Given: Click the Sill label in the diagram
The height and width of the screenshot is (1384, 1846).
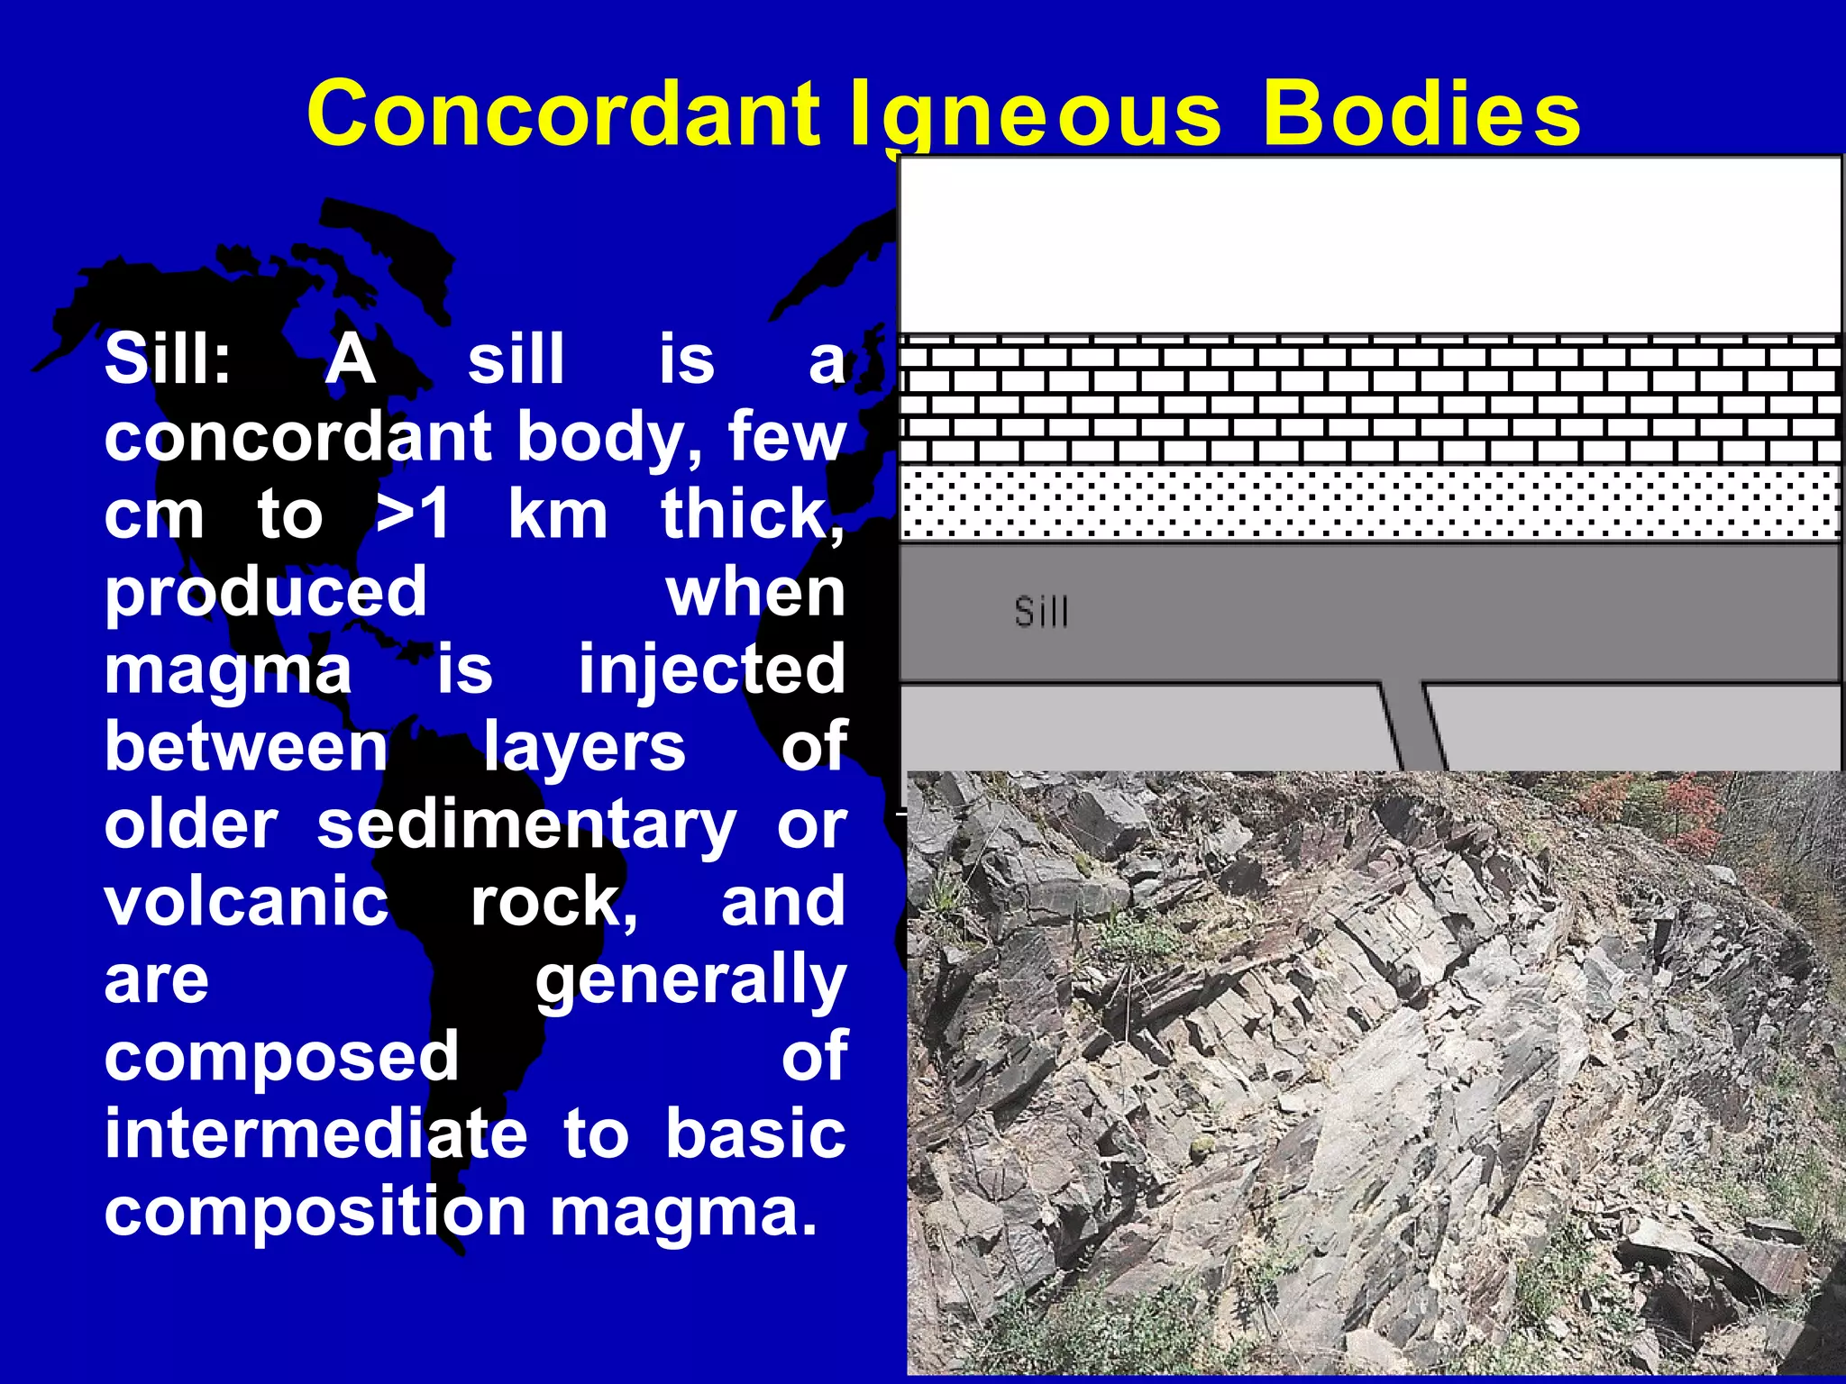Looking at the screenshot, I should coord(1041,613).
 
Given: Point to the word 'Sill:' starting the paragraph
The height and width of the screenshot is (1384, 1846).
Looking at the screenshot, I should coord(168,359).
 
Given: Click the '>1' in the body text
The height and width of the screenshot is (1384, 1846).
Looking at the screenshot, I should coord(413,514).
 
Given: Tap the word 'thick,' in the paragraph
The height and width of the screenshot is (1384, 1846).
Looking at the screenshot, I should coord(754,514).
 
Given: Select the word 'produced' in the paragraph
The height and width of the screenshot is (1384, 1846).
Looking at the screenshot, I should coord(266,592).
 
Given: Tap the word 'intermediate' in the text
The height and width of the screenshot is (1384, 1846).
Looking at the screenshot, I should coord(315,1134).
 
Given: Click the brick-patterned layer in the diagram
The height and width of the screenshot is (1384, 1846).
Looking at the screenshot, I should coord(1370,402).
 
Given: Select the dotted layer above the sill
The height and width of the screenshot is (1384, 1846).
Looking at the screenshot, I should coord(1370,503).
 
